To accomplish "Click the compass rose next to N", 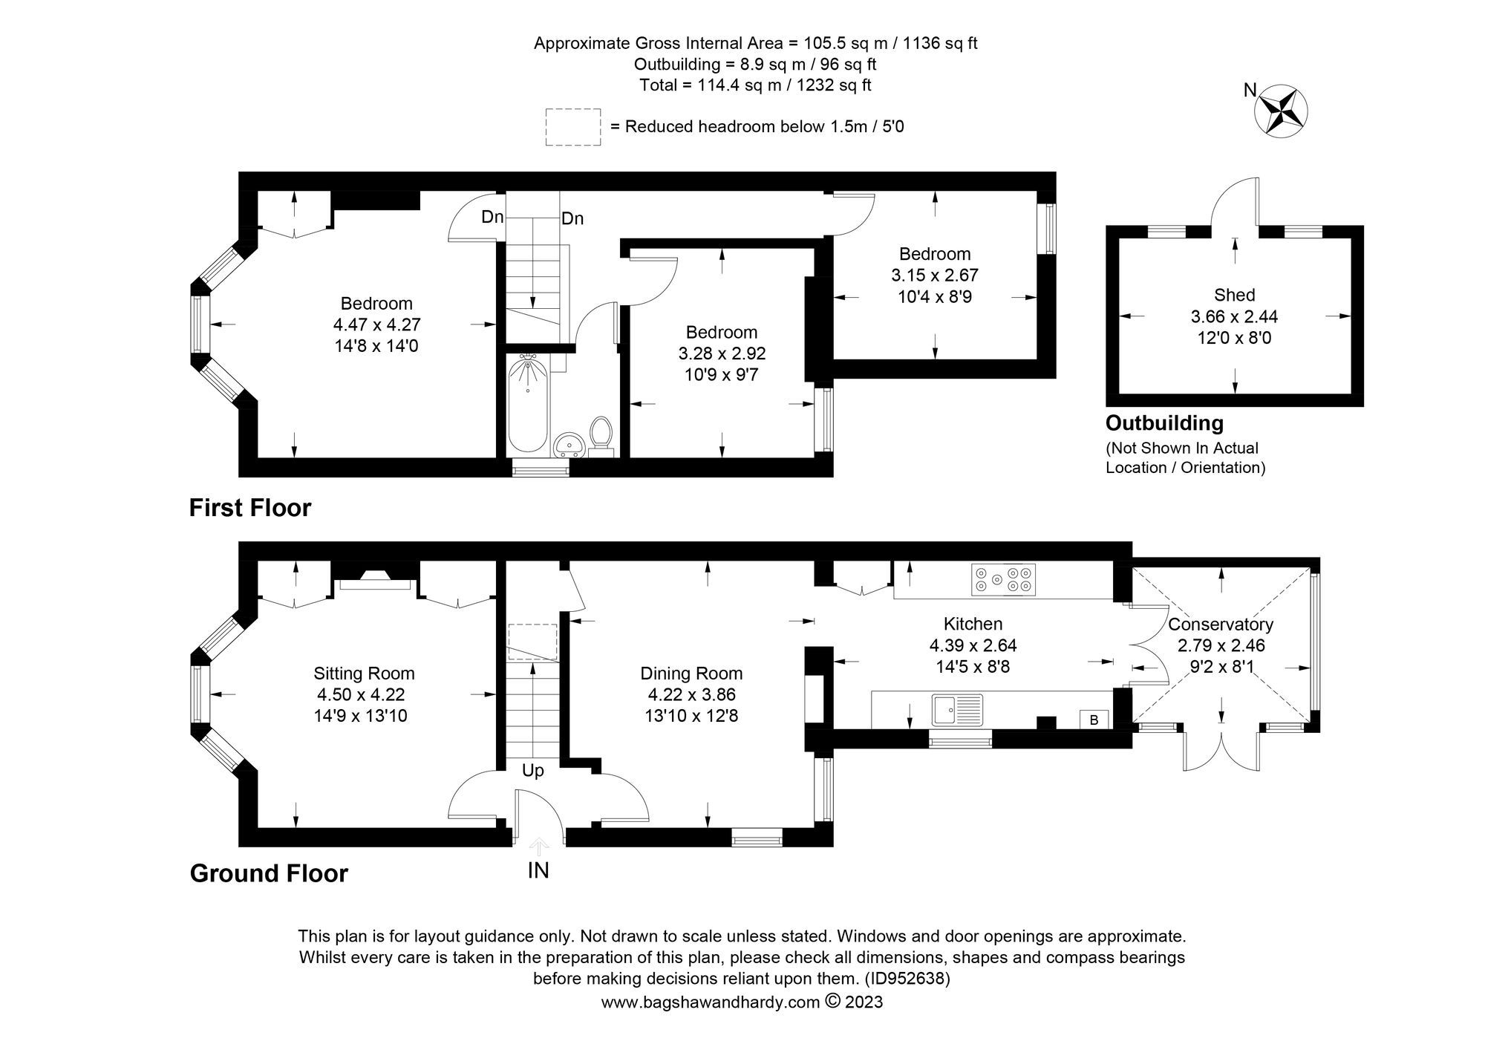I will [x=1281, y=111].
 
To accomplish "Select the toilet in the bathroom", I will [x=600, y=434].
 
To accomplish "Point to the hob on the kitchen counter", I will [x=1004, y=579].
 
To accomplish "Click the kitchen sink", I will [x=958, y=710].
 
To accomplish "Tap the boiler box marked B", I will [x=1093, y=720].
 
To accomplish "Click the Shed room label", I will [x=1234, y=295].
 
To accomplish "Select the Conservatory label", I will [x=1220, y=625].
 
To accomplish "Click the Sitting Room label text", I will [x=364, y=674].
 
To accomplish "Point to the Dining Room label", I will [x=691, y=674].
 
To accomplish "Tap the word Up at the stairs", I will [x=532, y=771].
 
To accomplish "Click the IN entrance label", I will [x=538, y=870].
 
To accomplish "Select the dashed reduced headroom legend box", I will [x=572, y=127].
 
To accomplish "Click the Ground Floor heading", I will [x=269, y=873].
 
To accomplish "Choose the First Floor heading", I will [x=250, y=508].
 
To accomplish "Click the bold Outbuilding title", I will [x=1164, y=423].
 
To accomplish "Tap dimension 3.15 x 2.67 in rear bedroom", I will [x=934, y=275].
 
